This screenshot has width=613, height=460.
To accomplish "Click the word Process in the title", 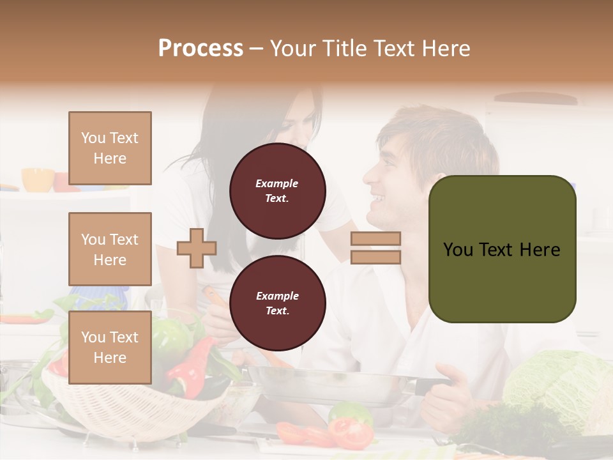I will (201, 48).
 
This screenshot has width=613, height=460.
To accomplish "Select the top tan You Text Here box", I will (110, 148).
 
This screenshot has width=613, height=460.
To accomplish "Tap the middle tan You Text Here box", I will (110, 249).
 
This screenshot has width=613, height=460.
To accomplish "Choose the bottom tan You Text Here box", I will (110, 348).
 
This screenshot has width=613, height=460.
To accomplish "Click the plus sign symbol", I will (197, 248).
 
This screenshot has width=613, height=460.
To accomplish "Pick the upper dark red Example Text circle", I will (277, 191).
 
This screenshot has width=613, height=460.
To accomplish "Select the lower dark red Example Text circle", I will (277, 303).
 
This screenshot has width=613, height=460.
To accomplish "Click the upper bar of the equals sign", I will (375, 238).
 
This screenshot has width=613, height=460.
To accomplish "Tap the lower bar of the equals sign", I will (375, 257).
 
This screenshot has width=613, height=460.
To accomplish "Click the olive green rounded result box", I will (502, 249).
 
